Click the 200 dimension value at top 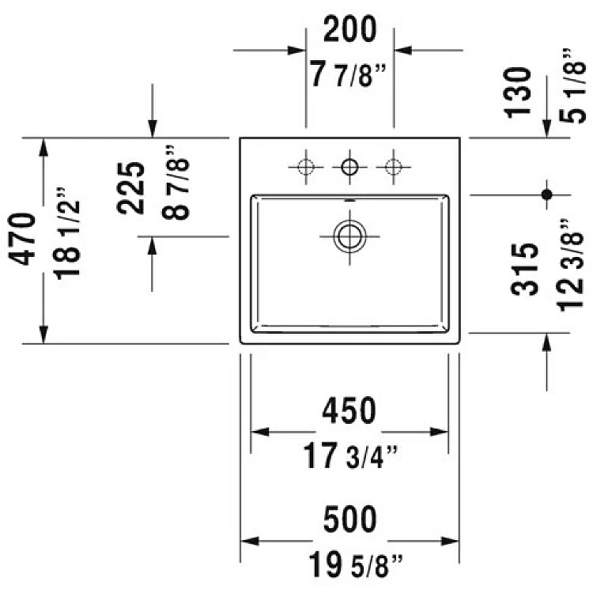point(349,29)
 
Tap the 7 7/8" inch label point(348,74)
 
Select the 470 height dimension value point(22,239)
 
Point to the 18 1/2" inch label point(67,233)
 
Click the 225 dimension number point(130,188)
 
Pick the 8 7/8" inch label point(176,183)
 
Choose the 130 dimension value point(518,93)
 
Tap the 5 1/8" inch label point(572,85)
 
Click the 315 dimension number point(524,269)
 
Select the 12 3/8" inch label point(571,265)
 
